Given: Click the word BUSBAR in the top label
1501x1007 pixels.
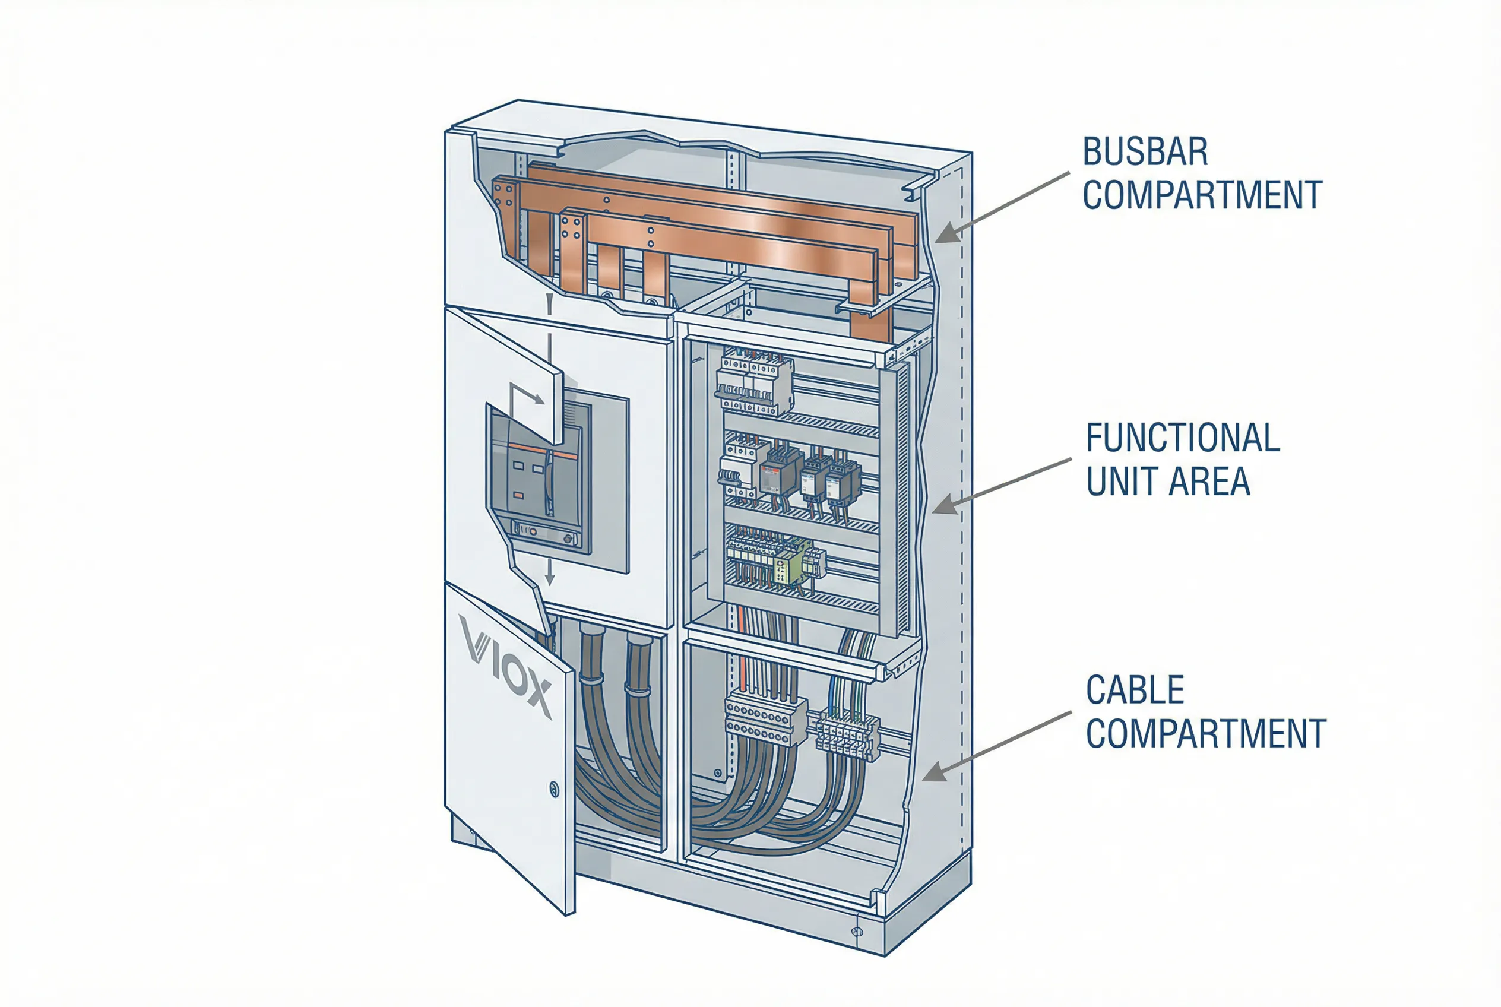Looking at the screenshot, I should pos(1145,152).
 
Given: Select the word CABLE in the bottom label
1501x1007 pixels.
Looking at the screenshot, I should pos(1135,691).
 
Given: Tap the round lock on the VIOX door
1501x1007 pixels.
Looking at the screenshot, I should pos(555,788).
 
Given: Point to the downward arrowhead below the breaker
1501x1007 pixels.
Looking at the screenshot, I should pos(550,579).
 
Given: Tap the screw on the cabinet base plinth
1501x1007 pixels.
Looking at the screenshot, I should pos(857,932).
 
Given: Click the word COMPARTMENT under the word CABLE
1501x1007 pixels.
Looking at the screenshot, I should pos(1205,734).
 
